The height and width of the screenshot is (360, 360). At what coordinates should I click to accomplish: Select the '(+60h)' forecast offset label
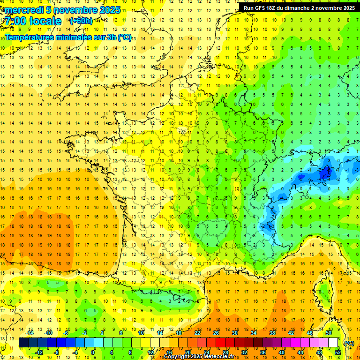(x=81, y=21)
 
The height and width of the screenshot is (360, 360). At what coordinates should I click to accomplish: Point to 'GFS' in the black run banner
(x=261, y=8)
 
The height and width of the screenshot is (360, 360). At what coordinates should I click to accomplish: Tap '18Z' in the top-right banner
(x=274, y=8)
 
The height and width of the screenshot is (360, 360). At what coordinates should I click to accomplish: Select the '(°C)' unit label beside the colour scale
(x=349, y=343)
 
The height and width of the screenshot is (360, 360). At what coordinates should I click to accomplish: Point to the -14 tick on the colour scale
(x=30, y=333)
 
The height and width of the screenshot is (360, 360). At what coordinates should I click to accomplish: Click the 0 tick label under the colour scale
(x=93, y=352)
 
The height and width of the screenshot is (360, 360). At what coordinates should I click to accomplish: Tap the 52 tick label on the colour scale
(x=338, y=352)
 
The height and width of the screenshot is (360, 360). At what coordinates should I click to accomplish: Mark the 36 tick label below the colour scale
(x=262, y=352)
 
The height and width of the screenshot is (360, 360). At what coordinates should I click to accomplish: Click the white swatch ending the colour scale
(x=333, y=343)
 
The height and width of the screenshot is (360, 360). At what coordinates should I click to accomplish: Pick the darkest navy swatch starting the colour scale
(x=23, y=343)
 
